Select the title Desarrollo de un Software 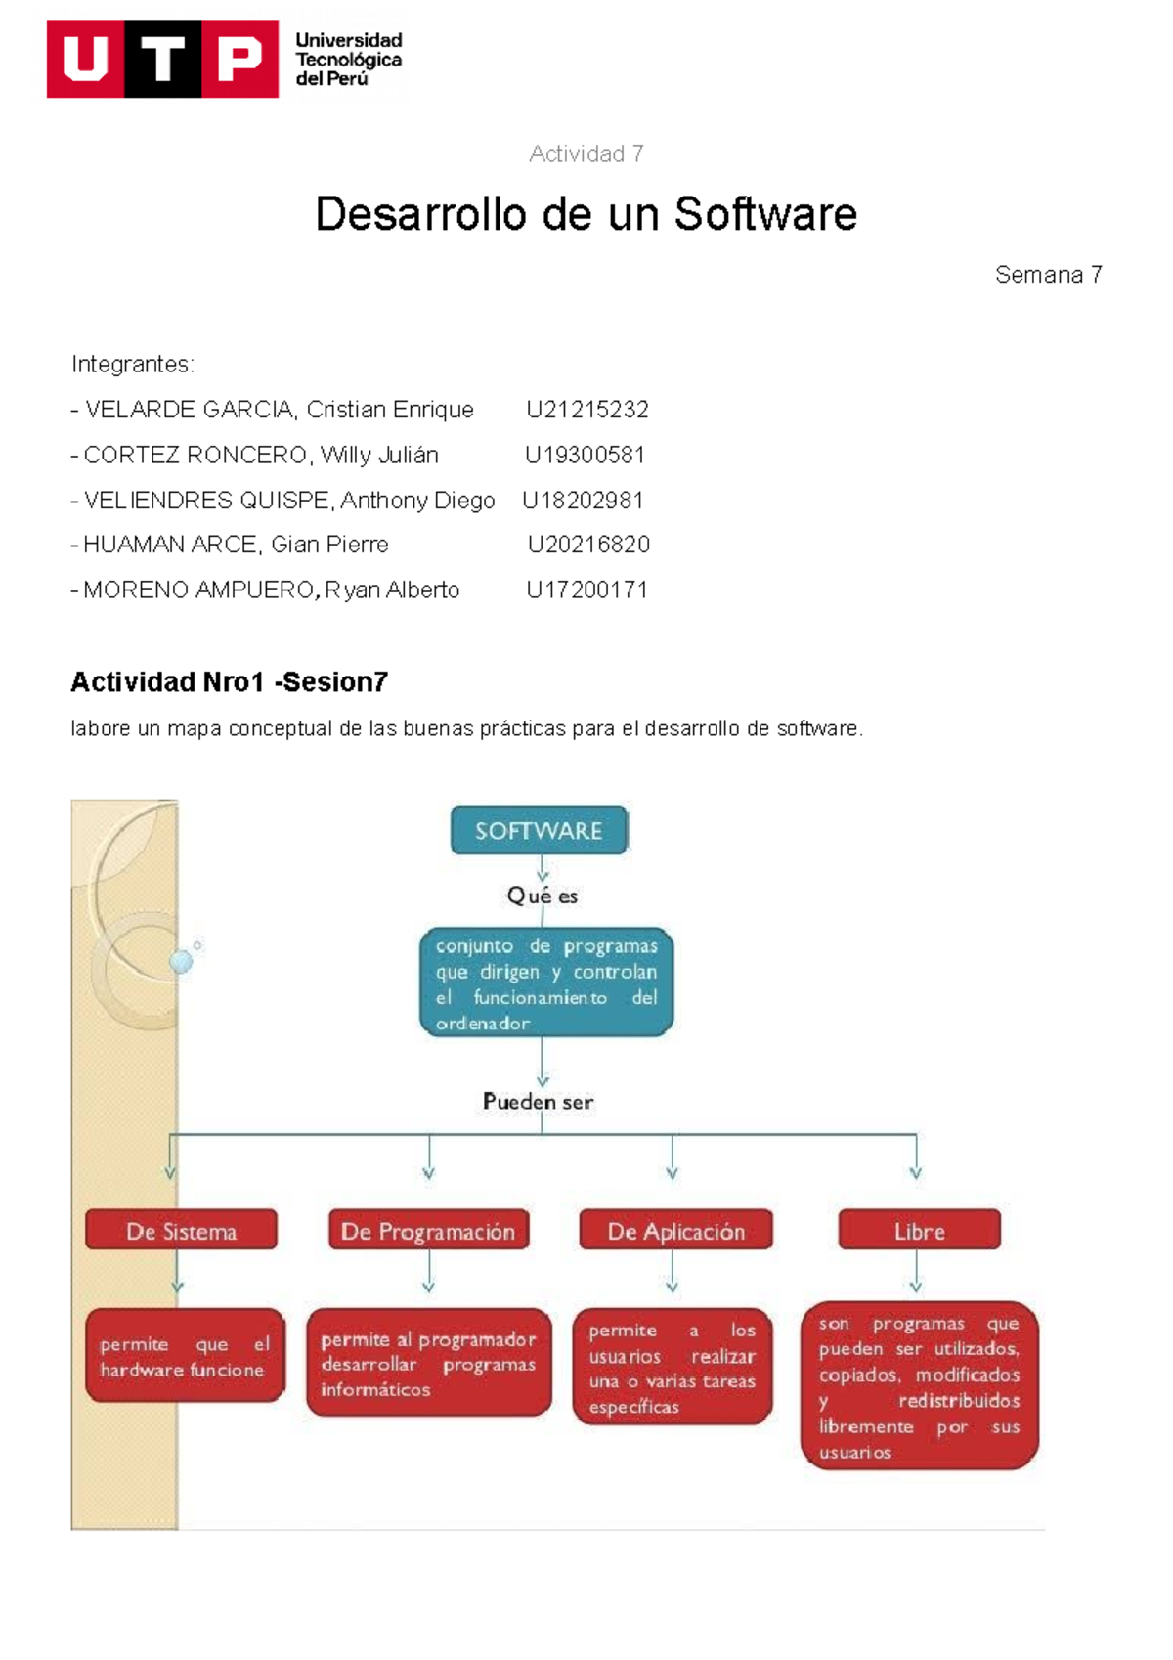coord(586,214)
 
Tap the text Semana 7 coord(1048,275)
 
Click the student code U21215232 coord(586,410)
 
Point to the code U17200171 coord(586,590)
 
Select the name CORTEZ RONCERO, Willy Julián coord(260,455)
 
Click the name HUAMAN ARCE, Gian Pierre coord(235,545)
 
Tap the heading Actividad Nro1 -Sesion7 coord(229,682)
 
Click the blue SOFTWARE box coord(539,830)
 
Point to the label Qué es coord(542,896)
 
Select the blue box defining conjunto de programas coord(546,983)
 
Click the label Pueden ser coord(538,1102)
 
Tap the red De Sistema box coord(181,1231)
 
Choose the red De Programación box coord(428,1231)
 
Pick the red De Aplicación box coord(675,1231)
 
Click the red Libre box coord(919,1231)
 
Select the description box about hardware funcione coord(185,1356)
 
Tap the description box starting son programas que coord(919,1386)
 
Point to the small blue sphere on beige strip coord(181,961)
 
